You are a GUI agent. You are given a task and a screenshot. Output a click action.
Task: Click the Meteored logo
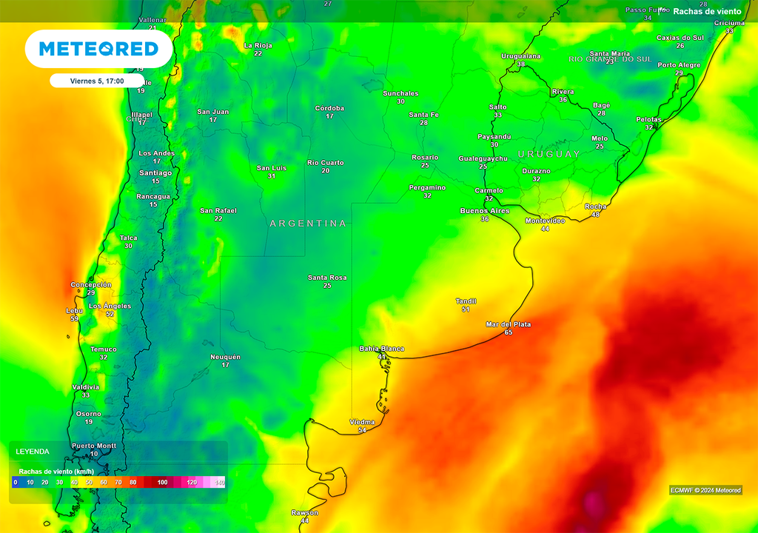pos(98,49)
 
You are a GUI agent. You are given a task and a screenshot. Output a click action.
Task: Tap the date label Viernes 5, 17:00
pos(96,81)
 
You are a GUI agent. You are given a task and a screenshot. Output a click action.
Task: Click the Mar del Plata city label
pos(508,324)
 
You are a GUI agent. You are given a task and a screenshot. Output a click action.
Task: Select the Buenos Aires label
pos(484,211)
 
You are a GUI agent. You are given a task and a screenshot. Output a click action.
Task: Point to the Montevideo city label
pos(545,221)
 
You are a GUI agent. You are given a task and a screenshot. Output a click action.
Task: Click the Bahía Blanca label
pos(381,348)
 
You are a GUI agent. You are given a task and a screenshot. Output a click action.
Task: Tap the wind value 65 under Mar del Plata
pos(508,333)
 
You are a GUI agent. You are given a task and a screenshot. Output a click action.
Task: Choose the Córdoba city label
pos(329,108)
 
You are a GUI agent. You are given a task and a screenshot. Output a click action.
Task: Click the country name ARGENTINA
pos(308,223)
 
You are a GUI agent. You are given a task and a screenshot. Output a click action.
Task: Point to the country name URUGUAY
pos(549,154)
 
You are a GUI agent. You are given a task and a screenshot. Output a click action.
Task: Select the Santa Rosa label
pos(327,278)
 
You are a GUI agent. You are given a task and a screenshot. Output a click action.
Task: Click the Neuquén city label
pos(225,357)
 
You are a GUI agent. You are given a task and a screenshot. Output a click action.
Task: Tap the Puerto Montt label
pos(94,446)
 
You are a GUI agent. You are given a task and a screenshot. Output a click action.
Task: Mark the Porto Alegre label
pos(679,65)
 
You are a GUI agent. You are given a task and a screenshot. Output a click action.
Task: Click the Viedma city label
pos(361,422)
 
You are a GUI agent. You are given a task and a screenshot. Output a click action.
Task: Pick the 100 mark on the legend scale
pos(162,483)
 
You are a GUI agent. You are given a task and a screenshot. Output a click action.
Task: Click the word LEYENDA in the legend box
pos(33,451)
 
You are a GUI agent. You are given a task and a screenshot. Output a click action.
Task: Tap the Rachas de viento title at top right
pos(707,11)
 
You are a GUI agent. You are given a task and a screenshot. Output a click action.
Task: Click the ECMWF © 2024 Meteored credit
pos(705,490)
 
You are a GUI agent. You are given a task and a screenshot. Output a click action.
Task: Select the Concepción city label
pos(90,285)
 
